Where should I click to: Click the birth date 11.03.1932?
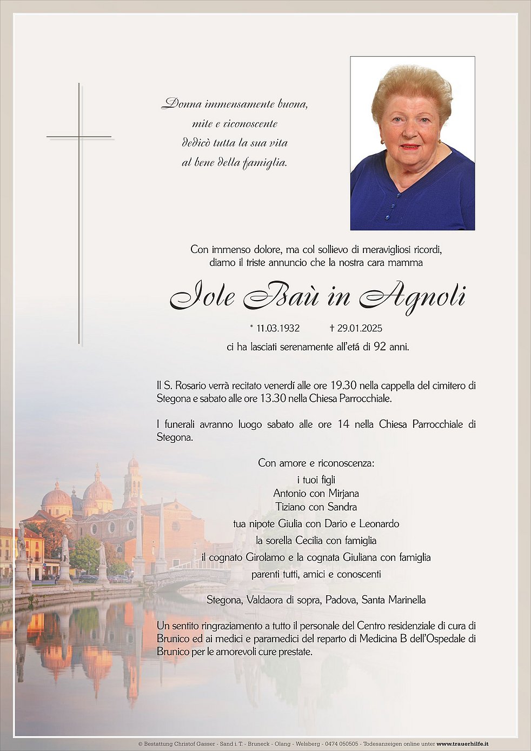point(278,328)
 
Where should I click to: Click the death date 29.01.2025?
point(359,328)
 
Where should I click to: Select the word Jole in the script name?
point(203,297)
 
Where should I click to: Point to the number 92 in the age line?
point(380,347)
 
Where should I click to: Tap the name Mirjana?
point(341,493)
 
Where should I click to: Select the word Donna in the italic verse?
point(182,104)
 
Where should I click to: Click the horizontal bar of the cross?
point(79,137)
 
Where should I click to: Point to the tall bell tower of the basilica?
point(132,481)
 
